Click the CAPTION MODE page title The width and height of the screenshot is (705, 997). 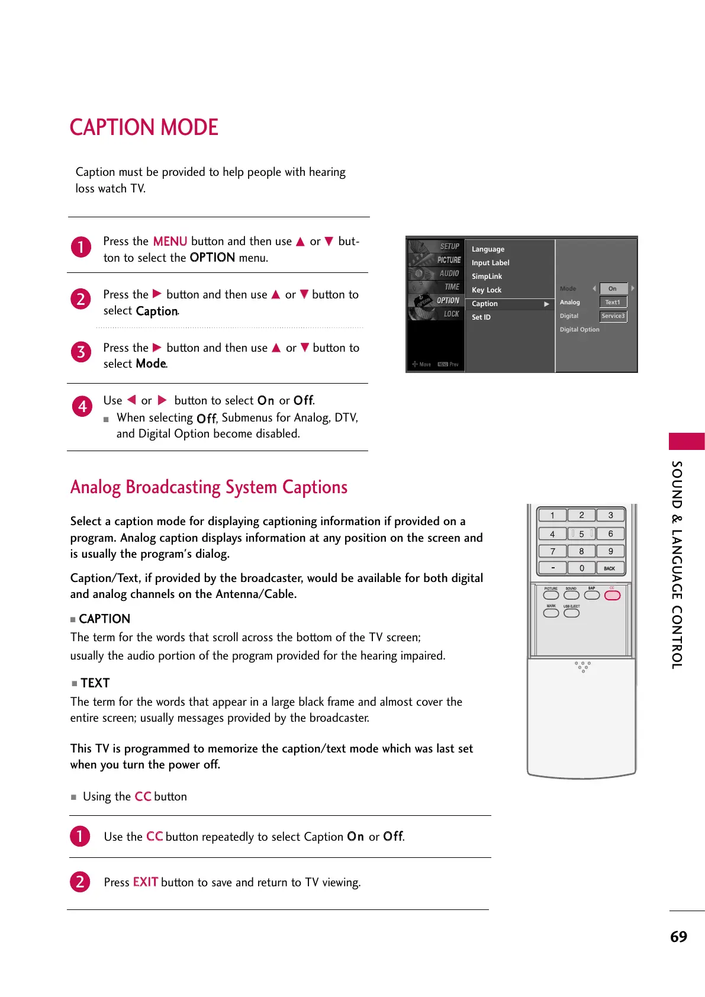tap(144, 127)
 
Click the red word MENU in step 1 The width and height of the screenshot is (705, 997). tap(169, 241)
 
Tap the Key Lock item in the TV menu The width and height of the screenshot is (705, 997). tap(487, 290)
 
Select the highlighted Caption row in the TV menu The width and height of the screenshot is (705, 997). tap(510, 304)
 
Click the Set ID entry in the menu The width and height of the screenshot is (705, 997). tap(481, 317)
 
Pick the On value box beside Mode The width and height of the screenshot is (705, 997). tap(613, 288)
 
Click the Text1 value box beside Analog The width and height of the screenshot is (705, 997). tap(613, 302)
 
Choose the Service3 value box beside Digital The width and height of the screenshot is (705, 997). tap(613, 316)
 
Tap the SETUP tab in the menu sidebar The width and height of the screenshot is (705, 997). tap(449, 246)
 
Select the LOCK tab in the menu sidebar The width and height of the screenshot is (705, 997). tap(451, 314)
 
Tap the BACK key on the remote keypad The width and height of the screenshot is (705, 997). tap(610, 568)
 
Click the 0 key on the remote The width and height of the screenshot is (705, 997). tap(581, 568)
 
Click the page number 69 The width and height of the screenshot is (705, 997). tap(678, 937)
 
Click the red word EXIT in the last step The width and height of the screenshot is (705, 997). tap(145, 882)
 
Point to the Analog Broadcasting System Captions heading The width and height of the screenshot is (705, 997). tap(209, 487)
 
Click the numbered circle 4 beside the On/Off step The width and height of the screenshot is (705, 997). tap(82, 406)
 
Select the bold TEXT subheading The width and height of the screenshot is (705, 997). tap(95, 683)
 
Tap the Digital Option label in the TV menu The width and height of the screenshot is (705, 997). tap(580, 329)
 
